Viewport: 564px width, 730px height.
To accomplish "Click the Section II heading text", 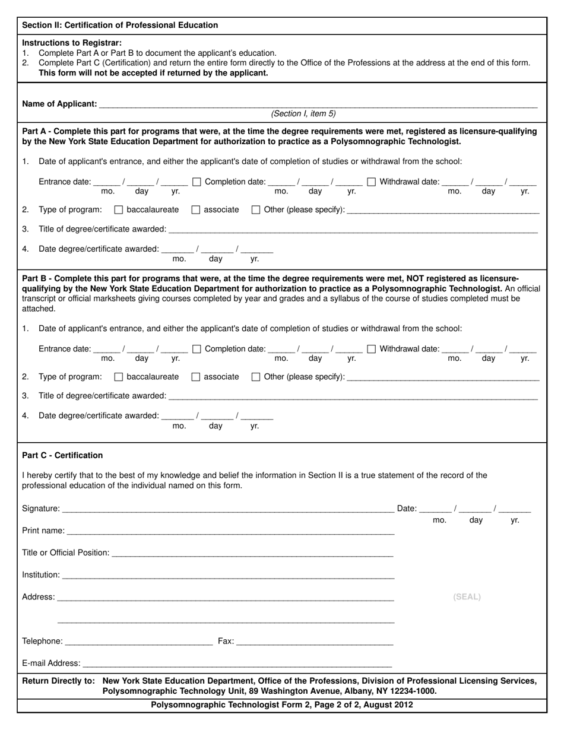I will pos(120,25).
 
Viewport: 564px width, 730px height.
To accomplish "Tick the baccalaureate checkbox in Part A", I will pos(118,210).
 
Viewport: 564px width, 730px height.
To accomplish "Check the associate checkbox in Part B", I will pos(196,377).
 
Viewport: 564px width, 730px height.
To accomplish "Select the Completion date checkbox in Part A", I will pos(197,182).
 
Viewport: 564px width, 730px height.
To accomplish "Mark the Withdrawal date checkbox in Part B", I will pos(371,349).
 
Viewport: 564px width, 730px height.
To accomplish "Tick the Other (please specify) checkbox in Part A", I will pos(256,210).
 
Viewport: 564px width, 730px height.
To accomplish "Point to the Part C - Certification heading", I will pos(62,455).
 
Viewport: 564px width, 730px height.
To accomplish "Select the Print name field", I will pos(230,531).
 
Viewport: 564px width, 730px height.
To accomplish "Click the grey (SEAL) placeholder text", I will pos(467,597).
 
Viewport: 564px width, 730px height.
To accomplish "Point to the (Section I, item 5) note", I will pos(303,114).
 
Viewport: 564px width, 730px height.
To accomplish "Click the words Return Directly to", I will pos(58,681).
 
